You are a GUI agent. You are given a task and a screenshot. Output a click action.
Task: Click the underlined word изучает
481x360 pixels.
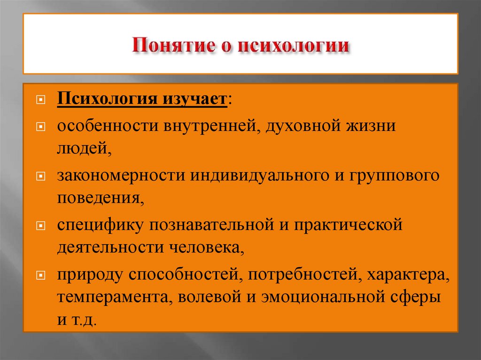tap(190, 100)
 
